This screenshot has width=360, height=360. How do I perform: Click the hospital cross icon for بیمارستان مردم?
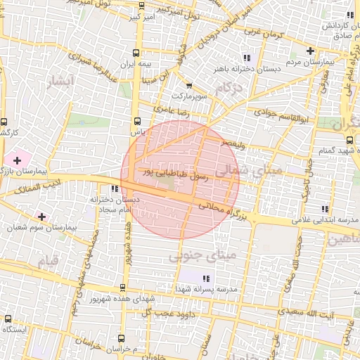point(310,51)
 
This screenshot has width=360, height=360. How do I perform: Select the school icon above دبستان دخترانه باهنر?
point(246,57)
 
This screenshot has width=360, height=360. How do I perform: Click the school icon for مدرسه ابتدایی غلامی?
point(324,209)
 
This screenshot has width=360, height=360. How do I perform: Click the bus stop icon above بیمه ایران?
point(136,53)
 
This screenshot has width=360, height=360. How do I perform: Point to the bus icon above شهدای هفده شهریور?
point(122,287)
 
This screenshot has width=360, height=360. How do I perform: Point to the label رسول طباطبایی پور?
point(176,172)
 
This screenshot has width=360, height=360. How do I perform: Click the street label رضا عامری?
point(172,110)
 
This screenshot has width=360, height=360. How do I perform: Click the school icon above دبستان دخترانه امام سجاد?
point(115,188)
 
